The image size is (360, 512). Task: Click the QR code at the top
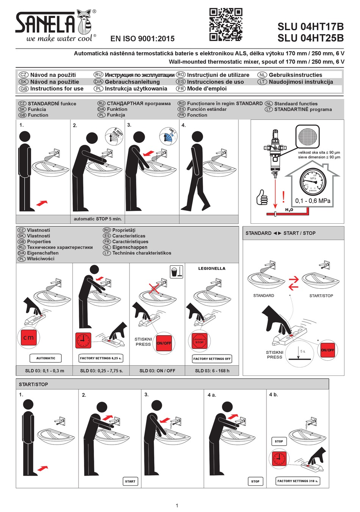click(226, 25)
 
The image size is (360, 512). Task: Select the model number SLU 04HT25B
click(310, 38)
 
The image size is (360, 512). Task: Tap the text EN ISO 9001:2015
click(142, 38)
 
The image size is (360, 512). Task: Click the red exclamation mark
click(283, 196)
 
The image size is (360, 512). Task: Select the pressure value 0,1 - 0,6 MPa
click(313, 201)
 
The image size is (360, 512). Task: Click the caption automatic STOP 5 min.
click(97, 219)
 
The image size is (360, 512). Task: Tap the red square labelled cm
click(28, 337)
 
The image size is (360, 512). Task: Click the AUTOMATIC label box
click(46, 358)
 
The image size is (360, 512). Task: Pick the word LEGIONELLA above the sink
click(212, 269)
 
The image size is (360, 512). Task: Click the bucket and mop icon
click(176, 272)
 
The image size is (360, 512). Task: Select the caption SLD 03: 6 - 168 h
click(212, 371)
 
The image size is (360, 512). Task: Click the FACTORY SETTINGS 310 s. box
click(297, 481)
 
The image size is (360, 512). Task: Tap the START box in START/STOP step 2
click(130, 481)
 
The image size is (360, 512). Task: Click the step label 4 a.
click(212, 395)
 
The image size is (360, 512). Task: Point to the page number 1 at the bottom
click(177, 505)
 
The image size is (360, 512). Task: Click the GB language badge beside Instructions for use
click(23, 89)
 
